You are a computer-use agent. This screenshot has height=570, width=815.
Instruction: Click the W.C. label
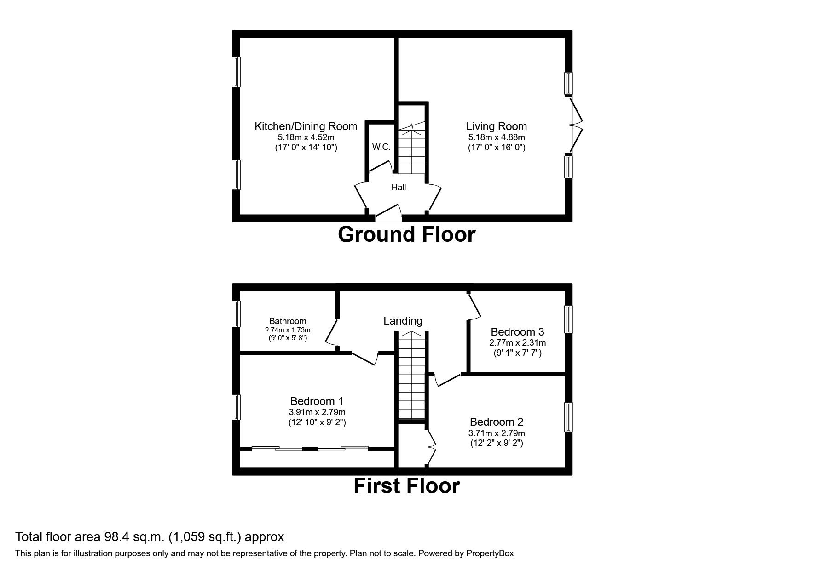(x=381, y=147)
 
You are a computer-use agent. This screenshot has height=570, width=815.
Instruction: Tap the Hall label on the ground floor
(x=399, y=187)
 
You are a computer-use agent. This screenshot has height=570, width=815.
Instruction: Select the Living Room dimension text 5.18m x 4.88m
(x=496, y=137)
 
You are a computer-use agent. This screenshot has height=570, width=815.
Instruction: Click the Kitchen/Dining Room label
(x=306, y=126)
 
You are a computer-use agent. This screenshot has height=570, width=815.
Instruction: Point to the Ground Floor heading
(x=406, y=234)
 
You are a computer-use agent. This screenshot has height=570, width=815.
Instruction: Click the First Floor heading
(x=406, y=486)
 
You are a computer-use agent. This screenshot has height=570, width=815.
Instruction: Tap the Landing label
(x=403, y=321)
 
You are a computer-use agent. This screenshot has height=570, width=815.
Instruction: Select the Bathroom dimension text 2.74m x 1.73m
(x=288, y=330)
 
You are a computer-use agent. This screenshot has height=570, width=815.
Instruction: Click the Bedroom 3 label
(x=517, y=332)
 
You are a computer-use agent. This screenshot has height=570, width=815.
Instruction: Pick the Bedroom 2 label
(x=496, y=422)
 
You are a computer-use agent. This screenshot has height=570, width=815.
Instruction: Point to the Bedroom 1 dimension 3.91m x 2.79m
(x=317, y=412)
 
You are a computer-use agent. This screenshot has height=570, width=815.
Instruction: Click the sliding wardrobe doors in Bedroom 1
(x=310, y=448)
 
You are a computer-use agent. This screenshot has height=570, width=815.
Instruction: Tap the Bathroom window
(x=236, y=313)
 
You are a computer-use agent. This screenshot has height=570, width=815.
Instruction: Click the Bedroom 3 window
(x=568, y=319)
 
